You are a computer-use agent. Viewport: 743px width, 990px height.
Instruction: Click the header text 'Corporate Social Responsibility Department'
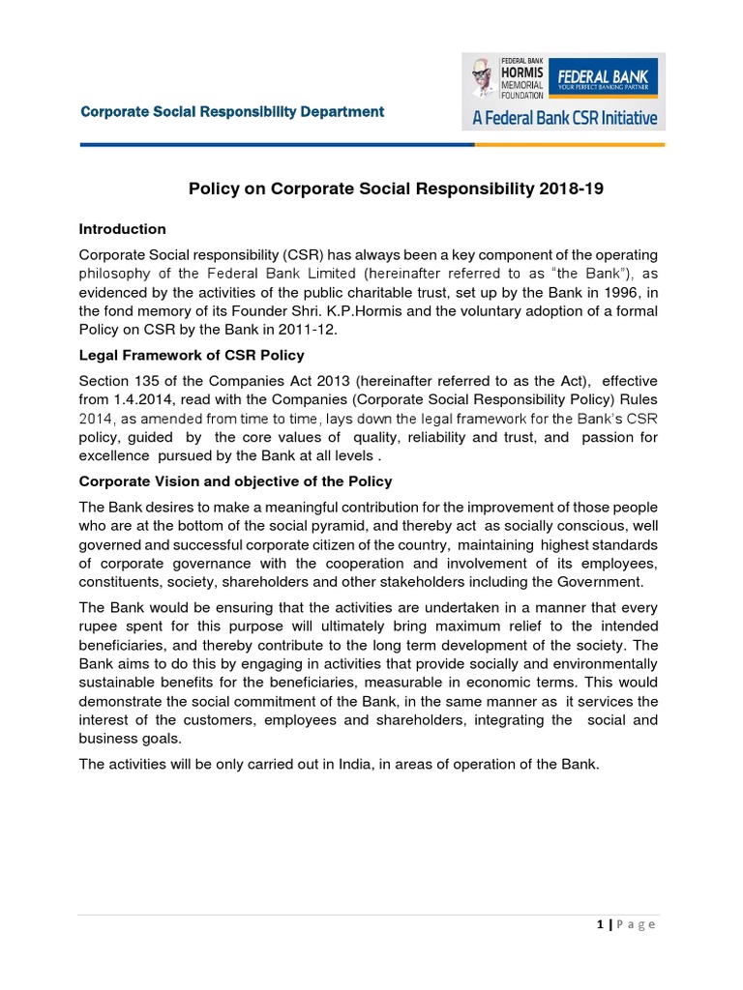232,112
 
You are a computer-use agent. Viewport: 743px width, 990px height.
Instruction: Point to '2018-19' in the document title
571,189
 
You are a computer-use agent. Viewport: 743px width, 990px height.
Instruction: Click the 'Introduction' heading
122,229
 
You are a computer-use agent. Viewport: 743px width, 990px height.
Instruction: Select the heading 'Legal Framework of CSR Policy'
192,355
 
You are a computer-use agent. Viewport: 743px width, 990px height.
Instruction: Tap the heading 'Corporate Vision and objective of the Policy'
235,481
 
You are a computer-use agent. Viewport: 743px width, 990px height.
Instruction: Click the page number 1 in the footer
601,925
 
